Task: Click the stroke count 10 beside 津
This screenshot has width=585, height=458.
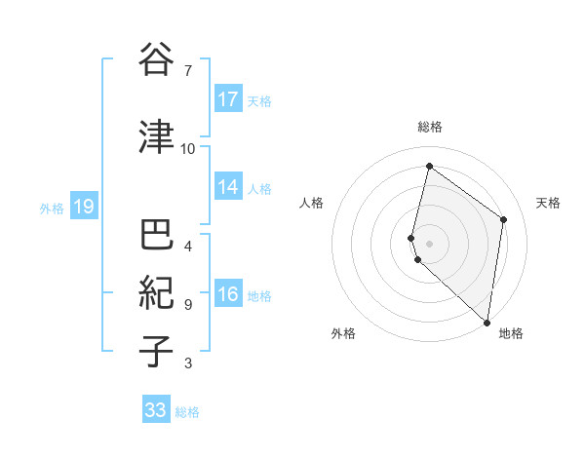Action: point(188,149)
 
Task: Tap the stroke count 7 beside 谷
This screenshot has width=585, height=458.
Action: point(188,71)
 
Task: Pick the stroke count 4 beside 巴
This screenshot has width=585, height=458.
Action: point(188,246)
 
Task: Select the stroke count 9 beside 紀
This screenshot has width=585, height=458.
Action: point(188,305)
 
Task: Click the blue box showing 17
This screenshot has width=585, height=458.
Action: point(228,99)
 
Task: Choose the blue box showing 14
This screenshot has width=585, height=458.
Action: point(228,188)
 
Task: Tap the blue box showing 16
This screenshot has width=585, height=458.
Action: point(228,295)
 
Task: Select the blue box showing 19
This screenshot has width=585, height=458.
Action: point(84,207)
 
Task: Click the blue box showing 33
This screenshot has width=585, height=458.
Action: point(156,410)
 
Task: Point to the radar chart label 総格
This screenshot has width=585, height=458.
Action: point(430,127)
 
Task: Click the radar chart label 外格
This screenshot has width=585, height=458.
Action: point(343,333)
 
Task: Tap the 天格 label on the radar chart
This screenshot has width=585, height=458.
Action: point(548,203)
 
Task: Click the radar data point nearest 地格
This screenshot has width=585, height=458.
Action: point(487,323)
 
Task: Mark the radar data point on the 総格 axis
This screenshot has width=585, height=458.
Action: point(429,167)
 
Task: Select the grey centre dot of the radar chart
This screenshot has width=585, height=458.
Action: point(429,243)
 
